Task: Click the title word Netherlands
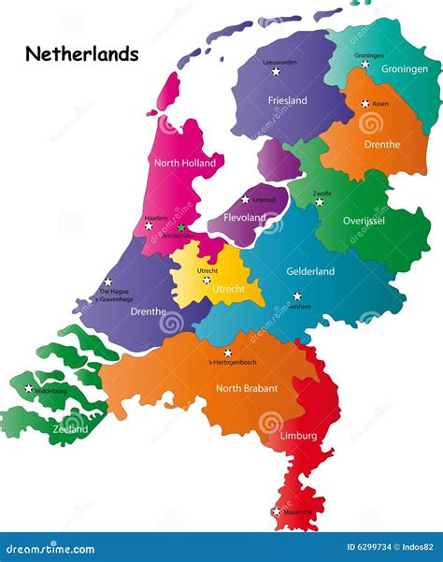pos(82,53)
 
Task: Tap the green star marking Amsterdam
pos(181,227)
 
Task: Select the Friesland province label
pos(287,100)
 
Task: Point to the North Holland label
pos(184,163)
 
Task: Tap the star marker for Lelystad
pos(246,199)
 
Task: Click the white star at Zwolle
pos(320,201)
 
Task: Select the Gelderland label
pos(310,271)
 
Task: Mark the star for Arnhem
pos(297,296)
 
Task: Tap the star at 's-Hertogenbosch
pos(227,353)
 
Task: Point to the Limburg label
pos(298,436)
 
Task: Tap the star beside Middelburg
pos(29,389)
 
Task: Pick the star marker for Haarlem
pos(149,225)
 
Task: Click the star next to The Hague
pos(108,281)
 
